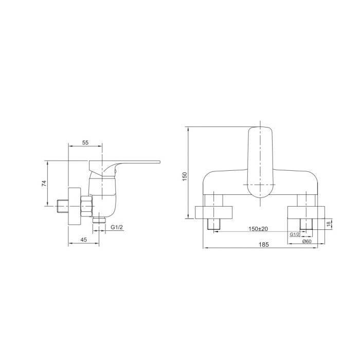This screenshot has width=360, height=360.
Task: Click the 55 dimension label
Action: pyautogui.click(x=85, y=142)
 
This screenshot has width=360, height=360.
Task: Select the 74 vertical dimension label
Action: pyautogui.click(x=44, y=183)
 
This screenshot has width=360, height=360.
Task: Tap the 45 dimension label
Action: pyautogui.click(x=84, y=240)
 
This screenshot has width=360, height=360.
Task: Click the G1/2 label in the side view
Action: pyautogui.click(x=117, y=227)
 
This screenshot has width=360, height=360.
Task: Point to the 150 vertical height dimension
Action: pyautogui.click(x=185, y=176)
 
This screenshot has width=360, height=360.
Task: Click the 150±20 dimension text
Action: pyautogui.click(x=258, y=229)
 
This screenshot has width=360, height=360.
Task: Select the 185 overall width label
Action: pyautogui.click(x=263, y=245)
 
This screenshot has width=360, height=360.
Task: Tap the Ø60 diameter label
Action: pyautogui.click(x=307, y=241)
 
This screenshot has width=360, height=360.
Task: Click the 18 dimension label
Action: pyautogui.click(x=328, y=223)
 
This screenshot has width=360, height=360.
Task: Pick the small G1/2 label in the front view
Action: pyautogui.click(x=295, y=235)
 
